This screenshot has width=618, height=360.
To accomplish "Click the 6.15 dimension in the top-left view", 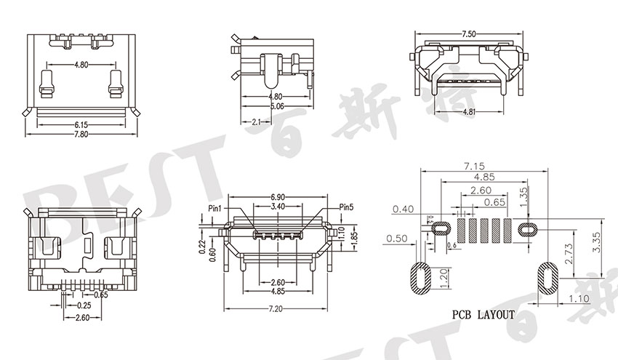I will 81,124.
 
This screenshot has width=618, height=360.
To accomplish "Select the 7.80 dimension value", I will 81,133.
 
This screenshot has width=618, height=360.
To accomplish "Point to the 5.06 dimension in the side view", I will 276,105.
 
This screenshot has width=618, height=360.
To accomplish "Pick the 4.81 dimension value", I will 468,112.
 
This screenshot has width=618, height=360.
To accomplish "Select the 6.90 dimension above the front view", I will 278,198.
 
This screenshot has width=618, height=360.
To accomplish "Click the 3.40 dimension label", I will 278,207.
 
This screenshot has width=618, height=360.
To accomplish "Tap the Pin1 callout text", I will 215,208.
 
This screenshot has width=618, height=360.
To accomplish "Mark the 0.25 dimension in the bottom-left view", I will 84,305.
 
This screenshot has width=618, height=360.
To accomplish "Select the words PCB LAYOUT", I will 483,315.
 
